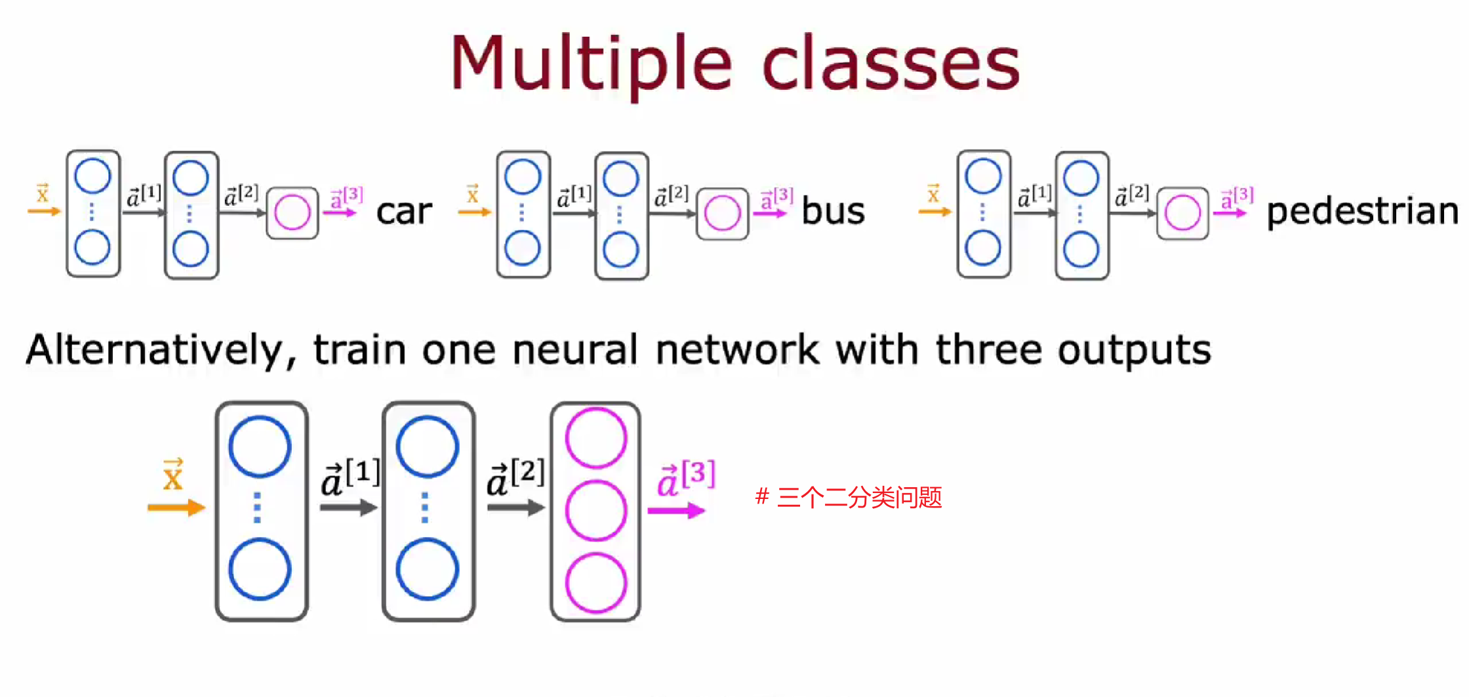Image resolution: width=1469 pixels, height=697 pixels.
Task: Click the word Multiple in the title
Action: [590, 64]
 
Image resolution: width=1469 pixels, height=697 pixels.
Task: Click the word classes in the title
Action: [891, 64]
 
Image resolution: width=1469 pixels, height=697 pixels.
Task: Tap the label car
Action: [404, 211]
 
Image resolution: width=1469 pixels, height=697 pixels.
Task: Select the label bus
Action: [833, 211]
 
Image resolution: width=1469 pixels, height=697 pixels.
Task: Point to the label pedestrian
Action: [1362, 211]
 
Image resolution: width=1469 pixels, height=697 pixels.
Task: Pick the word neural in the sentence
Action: [574, 350]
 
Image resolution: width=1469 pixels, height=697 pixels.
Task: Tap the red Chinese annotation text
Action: [849, 497]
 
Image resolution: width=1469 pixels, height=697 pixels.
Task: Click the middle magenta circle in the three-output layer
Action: [595, 510]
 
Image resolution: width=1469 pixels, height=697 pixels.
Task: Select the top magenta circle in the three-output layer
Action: [595, 437]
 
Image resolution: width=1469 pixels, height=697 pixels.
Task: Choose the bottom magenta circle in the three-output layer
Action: [595, 583]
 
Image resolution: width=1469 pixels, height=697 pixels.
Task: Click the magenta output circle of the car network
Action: [292, 212]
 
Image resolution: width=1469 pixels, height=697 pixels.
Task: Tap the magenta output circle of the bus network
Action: [722, 213]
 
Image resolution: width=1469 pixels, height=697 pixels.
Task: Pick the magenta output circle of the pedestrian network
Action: [1182, 213]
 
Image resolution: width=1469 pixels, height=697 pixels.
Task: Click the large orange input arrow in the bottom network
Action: [176, 508]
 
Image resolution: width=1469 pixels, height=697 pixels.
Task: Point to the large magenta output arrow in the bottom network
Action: [675, 511]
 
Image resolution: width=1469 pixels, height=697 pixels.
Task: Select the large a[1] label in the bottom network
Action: [350, 478]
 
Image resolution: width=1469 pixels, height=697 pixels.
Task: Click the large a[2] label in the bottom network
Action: [515, 478]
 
